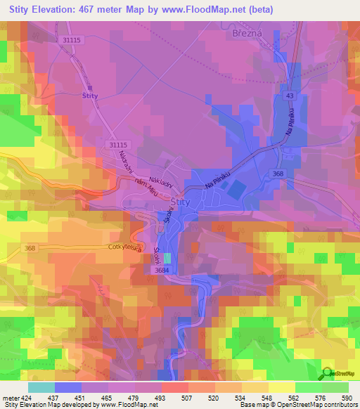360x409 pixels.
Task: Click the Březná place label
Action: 247,32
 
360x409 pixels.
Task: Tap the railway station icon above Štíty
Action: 89,87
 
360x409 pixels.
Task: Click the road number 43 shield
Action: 290,94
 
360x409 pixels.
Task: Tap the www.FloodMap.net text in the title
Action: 204,8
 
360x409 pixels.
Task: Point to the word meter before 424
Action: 11,397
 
